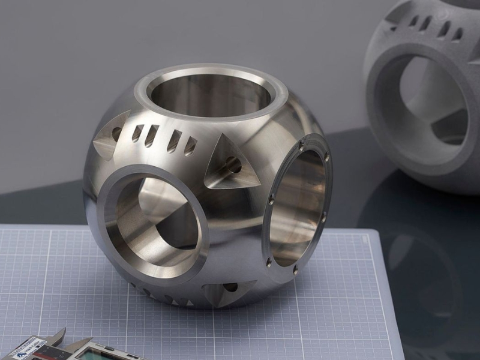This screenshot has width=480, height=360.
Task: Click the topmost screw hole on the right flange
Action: [327, 157]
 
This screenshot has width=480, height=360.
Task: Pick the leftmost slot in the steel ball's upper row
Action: [137, 133]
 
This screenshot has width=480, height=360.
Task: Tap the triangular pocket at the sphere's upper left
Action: [112, 136]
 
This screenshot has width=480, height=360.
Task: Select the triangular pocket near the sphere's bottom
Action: [226, 291]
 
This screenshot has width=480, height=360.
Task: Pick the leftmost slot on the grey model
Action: [414, 22]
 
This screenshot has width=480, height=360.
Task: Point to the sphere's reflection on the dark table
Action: [420, 270]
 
